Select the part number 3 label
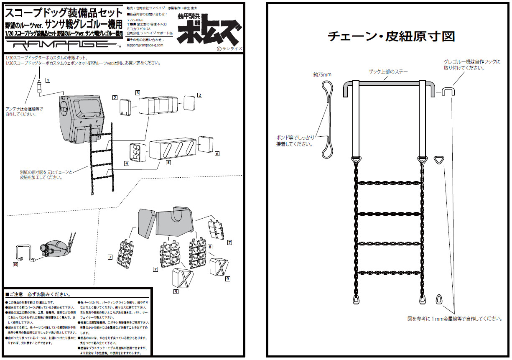point(137,92)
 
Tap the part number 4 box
point(126,163)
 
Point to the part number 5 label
point(168,163)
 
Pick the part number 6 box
point(217,154)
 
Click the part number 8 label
point(210,247)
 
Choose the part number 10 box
point(15,265)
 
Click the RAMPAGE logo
point(62,44)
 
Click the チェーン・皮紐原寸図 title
point(391,36)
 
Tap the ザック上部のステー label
point(388,72)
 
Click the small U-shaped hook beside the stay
point(448,91)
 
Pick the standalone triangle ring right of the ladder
point(438,160)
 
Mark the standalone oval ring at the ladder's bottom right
point(438,299)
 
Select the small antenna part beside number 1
point(39,87)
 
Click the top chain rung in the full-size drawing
point(389,183)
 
